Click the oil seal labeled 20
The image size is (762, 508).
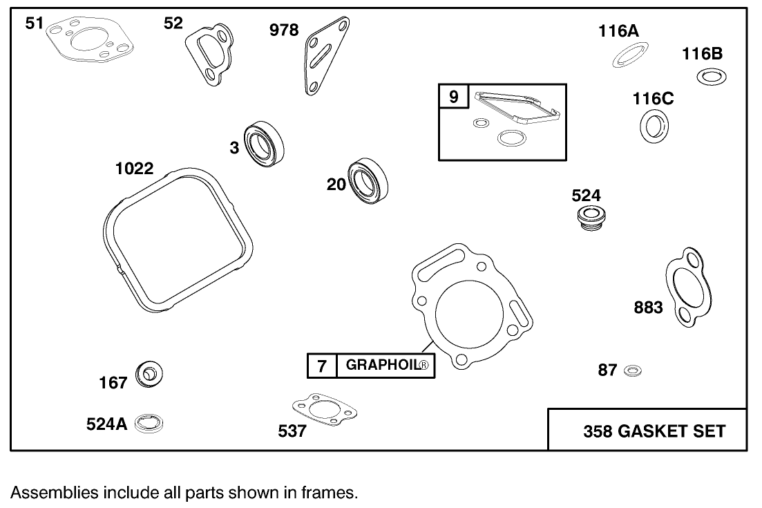point(368,182)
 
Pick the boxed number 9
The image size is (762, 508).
point(453,97)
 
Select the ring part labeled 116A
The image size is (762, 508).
point(631,55)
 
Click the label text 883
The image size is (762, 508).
point(648,308)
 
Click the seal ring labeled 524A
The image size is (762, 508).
point(149,424)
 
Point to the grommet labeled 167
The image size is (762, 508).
point(149,375)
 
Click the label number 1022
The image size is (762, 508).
point(134,169)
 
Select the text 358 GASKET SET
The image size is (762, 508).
point(654,431)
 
